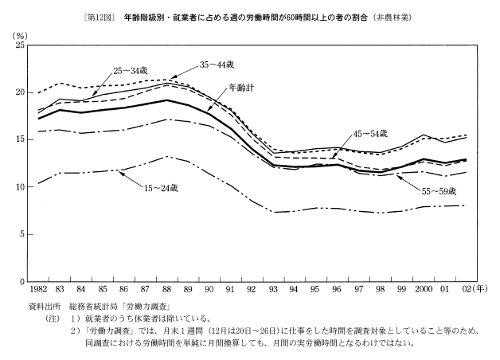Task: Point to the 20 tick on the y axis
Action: point(20,93)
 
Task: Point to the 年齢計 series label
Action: point(241,86)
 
